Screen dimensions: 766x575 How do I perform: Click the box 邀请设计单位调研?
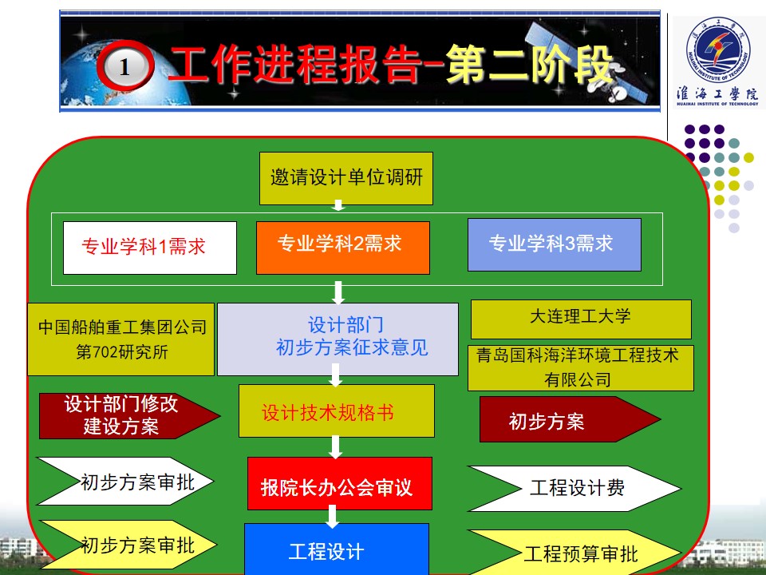[345, 178]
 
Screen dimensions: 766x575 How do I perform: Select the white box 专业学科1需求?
[150, 248]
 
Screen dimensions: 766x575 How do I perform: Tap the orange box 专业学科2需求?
[343, 248]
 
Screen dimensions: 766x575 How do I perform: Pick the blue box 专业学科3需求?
[555, 244]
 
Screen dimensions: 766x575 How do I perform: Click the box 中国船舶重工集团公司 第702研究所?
[120, 339]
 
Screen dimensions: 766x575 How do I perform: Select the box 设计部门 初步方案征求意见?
[338, 339]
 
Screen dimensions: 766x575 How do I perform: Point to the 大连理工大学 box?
[581, 319]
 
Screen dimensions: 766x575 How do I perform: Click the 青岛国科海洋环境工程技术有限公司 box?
[581, 368]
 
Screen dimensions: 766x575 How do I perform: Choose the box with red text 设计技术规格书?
[337, 410]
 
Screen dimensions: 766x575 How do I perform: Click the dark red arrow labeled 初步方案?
[570, 419]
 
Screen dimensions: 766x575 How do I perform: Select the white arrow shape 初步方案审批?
[125, 481]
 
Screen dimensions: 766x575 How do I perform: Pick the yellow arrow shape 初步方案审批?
[128, 544]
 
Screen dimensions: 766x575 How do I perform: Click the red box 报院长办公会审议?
[340, 484]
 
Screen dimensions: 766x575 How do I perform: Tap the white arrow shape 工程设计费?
[574, 489]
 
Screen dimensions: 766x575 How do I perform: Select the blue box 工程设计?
[337, 549]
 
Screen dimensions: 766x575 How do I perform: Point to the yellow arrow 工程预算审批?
[574, 553]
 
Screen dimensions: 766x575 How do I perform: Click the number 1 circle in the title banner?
[125, 66]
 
